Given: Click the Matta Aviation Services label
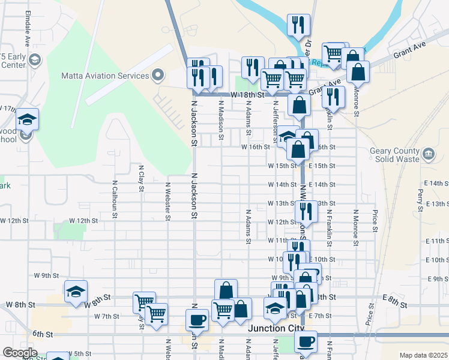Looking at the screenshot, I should coord(105,76).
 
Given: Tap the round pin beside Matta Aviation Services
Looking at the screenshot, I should coord(158,76).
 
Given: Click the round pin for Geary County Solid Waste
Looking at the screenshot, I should coord(429,154).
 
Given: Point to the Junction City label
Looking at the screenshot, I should coord(276,329).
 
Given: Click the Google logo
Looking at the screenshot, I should coord(20,353).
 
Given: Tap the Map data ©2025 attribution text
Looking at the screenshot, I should coord(424,355).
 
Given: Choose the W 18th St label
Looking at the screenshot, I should coord(248,95).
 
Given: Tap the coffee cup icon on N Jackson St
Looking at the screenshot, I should coord(197,320).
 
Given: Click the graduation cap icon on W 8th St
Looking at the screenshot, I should coord(76,292).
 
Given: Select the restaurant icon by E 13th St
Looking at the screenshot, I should coord(307,211).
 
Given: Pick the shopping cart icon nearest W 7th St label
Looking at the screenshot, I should coord(157,313).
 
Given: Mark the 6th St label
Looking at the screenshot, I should coord(43,334).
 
